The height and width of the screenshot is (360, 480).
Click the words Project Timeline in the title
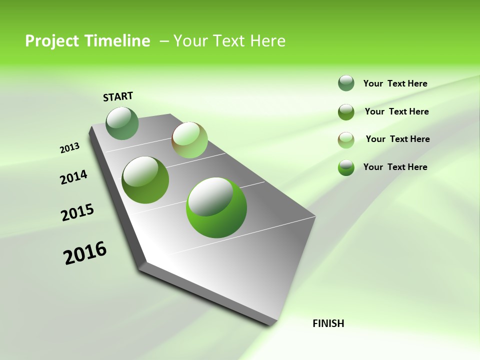(87, 41)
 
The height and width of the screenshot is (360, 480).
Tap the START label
(118, 96)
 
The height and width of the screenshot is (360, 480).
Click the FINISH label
(328, 323)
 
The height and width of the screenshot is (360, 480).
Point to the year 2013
(69, 148)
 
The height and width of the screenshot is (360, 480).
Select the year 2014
(74, 177)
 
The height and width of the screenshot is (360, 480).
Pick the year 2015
(77, 212)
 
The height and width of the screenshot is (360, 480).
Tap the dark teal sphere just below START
(122, 123)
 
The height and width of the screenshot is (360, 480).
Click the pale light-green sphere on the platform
(189, 140)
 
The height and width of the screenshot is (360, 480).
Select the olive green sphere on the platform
(145, 180)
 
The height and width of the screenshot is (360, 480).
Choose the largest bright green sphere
(216, 207)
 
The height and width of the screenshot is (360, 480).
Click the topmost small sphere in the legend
(346, 83)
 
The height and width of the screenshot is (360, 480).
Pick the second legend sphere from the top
(346, 112)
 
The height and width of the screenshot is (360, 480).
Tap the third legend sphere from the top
(346, 140)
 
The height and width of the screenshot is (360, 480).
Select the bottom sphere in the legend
(346, 167)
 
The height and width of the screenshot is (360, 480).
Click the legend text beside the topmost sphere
(395, 83)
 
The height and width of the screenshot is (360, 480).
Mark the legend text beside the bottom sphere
(395, 167)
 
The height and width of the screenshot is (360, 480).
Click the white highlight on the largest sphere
(210, 196)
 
